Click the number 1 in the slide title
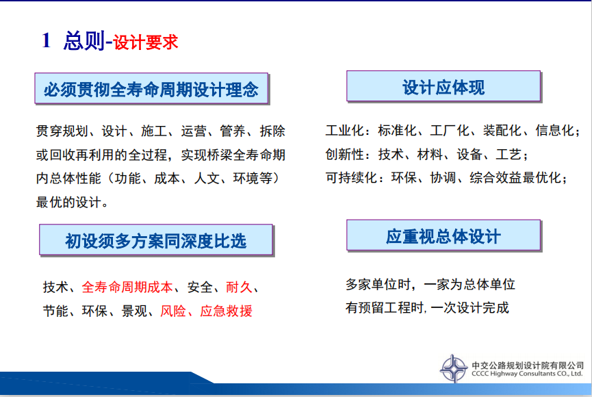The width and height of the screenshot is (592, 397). tap(47, 40)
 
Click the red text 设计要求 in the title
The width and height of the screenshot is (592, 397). tap(145, 42)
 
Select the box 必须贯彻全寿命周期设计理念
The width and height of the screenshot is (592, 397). tap(151, 88)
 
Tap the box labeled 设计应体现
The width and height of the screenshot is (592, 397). tap(443, 86)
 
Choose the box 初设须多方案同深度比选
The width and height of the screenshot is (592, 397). tap(156, 240)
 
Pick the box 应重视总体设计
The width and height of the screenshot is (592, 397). tap(443, 235)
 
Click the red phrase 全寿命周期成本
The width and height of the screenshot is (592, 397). tap(127, 287)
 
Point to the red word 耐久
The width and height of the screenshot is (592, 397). tap(239, 287)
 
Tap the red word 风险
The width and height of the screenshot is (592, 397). tap(173, 311)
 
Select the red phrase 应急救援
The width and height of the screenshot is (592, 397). tap(226, 311)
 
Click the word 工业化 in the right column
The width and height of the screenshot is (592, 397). tap(345, 130)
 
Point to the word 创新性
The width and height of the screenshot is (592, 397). tap(345, 154)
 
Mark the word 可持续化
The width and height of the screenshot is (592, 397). tap(351, 177)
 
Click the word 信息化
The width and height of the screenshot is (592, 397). tap(554, 130)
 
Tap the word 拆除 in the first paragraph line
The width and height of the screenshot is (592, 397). tap(272, 131)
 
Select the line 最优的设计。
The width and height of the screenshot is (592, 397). tap(72, 202)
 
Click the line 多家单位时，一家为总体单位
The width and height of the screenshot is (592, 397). tap(430, 284)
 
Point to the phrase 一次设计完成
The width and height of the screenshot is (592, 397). tap(469, 307)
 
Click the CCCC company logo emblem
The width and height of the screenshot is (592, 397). tap(454, 368)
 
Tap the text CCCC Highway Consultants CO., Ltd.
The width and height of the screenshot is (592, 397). tap(527, 374)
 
